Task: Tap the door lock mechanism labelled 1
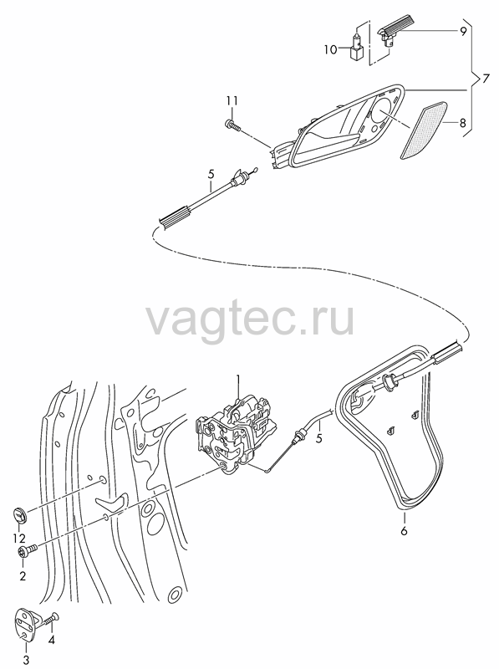point(235,434)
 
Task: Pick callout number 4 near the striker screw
point(52,640)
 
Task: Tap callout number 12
point(18,539)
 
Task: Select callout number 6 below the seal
point(404,531)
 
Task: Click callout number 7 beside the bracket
point(485,79)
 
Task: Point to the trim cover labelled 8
point(424,130)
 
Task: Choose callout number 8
point(463,124)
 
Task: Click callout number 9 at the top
point(463,32)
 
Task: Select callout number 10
point(330,49)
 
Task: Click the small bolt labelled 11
point(232,125)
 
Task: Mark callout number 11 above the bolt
point(232,101)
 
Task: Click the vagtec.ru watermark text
point(250,318)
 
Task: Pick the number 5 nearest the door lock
point(319,437)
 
